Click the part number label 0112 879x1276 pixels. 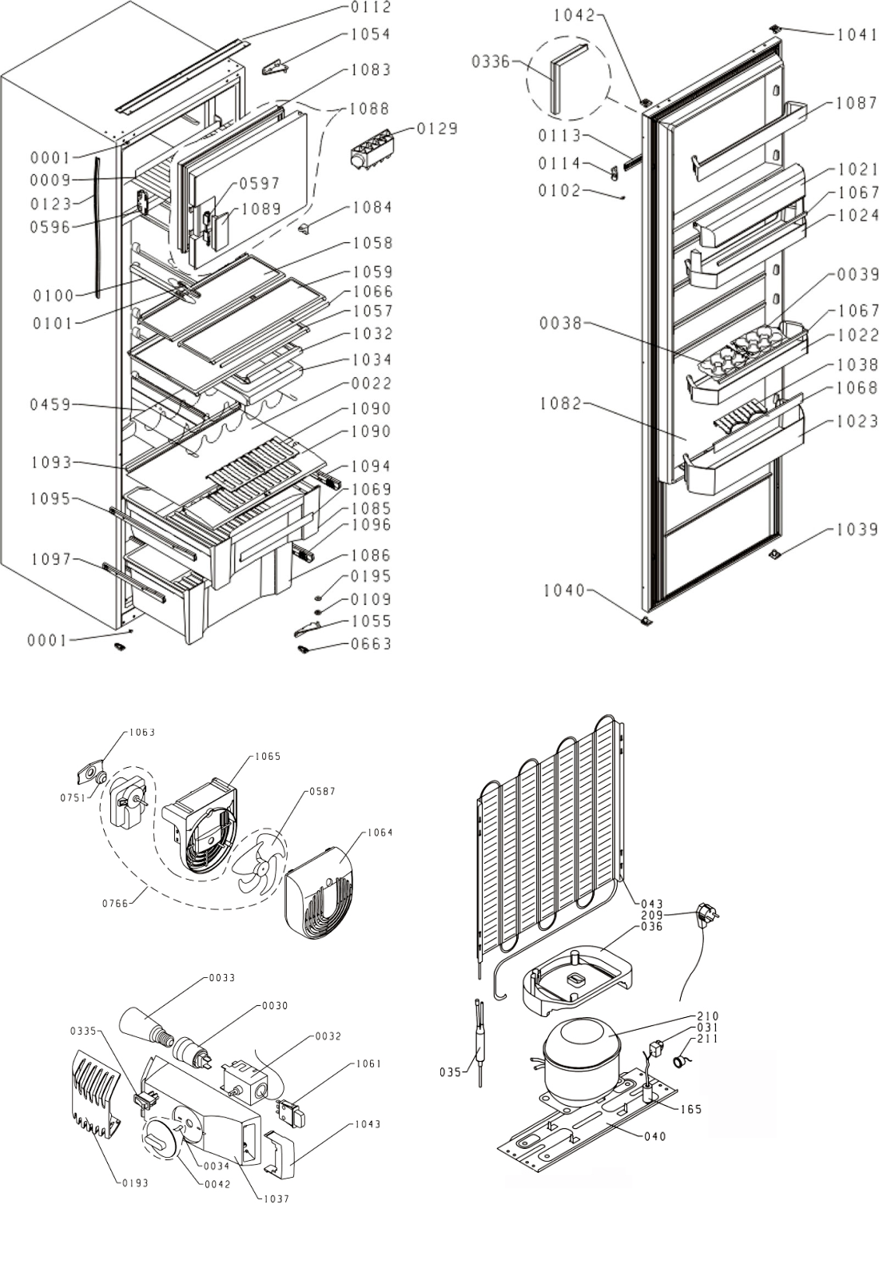[371, 8]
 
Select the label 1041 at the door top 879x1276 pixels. [857, 34]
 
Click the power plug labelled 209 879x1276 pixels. [706, 913]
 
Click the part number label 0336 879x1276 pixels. [491, 62]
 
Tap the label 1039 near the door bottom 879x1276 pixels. [857, 530]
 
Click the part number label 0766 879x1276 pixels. [115, 904]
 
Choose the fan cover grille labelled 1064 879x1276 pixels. [320, 894]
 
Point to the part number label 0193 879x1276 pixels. [135, 1183]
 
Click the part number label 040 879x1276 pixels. [654, 1136]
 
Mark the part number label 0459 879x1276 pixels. [51, 405]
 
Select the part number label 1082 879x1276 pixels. [560, 403]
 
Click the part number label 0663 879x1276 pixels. [372, 644]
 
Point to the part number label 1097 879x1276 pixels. [51, 559]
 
